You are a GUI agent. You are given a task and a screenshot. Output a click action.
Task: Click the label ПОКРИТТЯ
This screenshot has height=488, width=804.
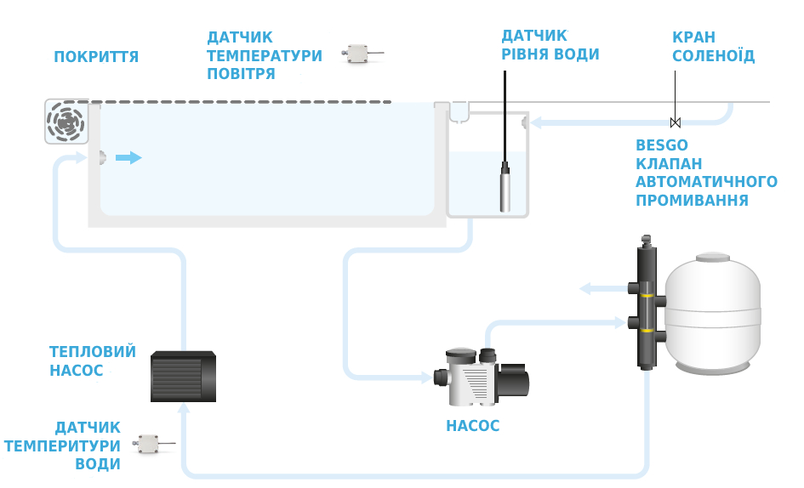(96, 57)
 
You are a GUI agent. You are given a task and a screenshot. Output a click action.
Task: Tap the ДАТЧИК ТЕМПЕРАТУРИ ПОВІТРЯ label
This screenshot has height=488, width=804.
(265, 55)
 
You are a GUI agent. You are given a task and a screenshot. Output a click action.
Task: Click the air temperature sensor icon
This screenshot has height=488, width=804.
(357, 54)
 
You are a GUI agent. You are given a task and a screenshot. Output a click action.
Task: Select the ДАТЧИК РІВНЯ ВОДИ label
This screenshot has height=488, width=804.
(550, 45)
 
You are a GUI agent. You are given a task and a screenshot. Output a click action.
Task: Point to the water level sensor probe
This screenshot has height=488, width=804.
(505, 189)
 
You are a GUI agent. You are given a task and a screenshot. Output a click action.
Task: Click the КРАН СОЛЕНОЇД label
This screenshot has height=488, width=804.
(713, 47)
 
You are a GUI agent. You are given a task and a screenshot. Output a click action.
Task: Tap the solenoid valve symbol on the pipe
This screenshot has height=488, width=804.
(676, 122)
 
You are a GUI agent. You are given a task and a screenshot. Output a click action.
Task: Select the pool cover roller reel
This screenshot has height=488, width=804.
(66, 121)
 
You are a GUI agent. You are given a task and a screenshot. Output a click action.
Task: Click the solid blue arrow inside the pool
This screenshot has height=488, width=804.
(128, 157)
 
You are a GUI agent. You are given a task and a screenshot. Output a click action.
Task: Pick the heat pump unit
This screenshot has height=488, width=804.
(184, 377)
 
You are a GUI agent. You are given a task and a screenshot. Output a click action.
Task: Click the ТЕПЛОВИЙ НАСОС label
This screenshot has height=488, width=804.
(93, 361)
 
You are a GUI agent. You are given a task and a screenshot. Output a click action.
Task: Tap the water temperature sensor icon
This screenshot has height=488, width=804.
(150, 444)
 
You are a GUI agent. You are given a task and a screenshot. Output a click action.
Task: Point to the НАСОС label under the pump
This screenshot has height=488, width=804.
(472, 426)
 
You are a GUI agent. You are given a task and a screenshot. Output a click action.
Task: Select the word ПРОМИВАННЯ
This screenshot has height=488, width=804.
(692, 201)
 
